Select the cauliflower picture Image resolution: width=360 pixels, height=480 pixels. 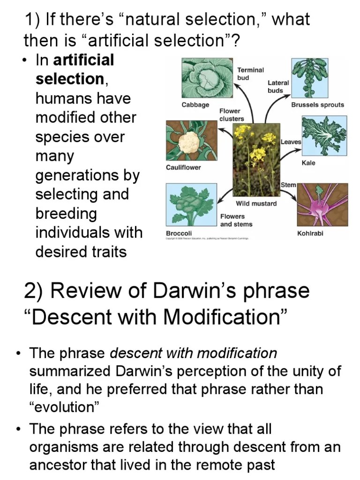191,140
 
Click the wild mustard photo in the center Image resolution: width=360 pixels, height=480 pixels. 256,159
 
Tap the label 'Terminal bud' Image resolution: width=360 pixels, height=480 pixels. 250,74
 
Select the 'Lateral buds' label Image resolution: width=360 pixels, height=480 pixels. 278,86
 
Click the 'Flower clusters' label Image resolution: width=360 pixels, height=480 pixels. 231,115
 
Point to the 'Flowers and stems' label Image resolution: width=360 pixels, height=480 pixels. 236,220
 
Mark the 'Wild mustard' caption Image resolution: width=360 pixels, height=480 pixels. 256,203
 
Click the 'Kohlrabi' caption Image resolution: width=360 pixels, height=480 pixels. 310,233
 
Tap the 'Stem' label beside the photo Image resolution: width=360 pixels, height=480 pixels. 288,185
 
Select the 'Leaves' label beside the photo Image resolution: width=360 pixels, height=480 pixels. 291,142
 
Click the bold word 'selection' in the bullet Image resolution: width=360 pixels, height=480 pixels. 69,79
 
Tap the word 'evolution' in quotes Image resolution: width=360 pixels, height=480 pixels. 64,406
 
